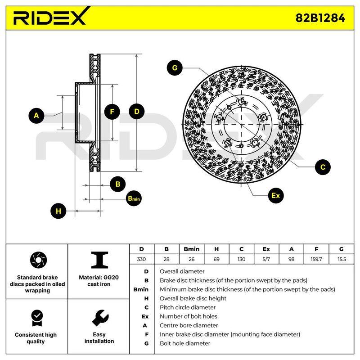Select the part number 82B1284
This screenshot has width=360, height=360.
click(320, 18)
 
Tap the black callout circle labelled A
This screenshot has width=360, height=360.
click(36, 116)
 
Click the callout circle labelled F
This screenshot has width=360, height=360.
click(112, 112)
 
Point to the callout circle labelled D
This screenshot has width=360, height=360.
click(137, 112)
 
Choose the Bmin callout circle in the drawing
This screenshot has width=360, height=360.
click(134, 198)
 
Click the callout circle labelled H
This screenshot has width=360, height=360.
click(58, 211)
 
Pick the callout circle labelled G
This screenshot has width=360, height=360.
click(175, 68)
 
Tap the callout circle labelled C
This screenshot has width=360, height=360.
click(323, 167)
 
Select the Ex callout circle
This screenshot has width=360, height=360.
click(275, 196)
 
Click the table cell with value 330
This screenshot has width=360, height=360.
click(141, 259)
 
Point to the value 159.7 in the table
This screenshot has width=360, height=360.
click(316, 259)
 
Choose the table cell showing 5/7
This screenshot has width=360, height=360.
click(266, 259)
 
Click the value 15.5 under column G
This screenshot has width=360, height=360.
click(342, 259)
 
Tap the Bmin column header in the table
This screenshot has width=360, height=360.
click(192, 249)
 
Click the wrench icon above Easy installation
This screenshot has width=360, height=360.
click(100, 318)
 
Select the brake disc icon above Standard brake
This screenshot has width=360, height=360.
click(38, 260)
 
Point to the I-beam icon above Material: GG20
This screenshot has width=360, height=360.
click(99, 260)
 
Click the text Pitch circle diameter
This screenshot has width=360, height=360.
click(188, 307)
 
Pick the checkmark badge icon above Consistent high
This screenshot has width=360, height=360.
click(37, 318)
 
